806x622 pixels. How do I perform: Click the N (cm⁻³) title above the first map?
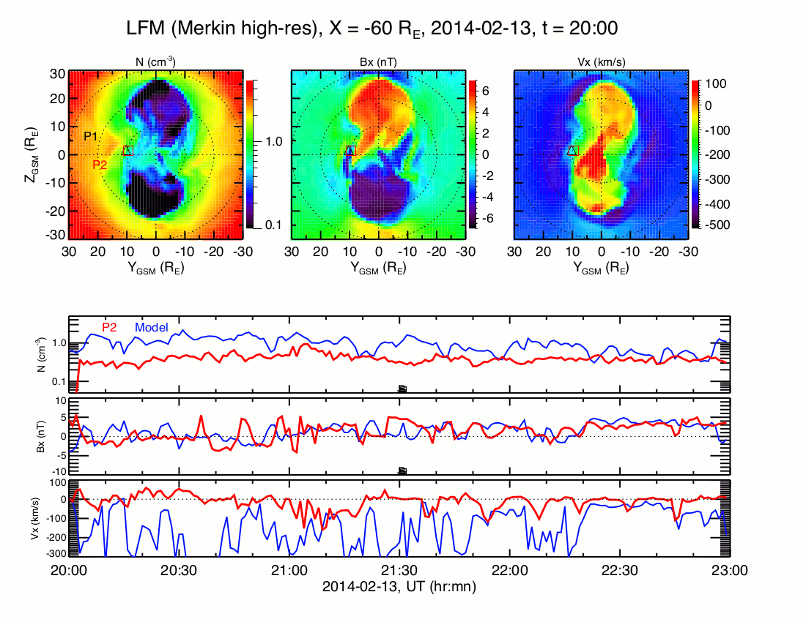(x=156, y=63)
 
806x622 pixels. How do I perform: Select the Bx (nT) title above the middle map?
(x=378, y=63)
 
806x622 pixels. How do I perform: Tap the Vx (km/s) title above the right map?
(x=601, y=63)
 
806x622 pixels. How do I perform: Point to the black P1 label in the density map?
(x=92, y=136)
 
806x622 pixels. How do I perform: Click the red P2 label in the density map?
(x=100, y=165)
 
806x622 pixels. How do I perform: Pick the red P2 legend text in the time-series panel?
(x=109, y=327)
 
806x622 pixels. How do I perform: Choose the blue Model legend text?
(x=152, y=327)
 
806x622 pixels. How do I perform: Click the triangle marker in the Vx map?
(x=573, y=150)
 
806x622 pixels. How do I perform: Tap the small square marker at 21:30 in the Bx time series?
(x=402, y=471)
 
